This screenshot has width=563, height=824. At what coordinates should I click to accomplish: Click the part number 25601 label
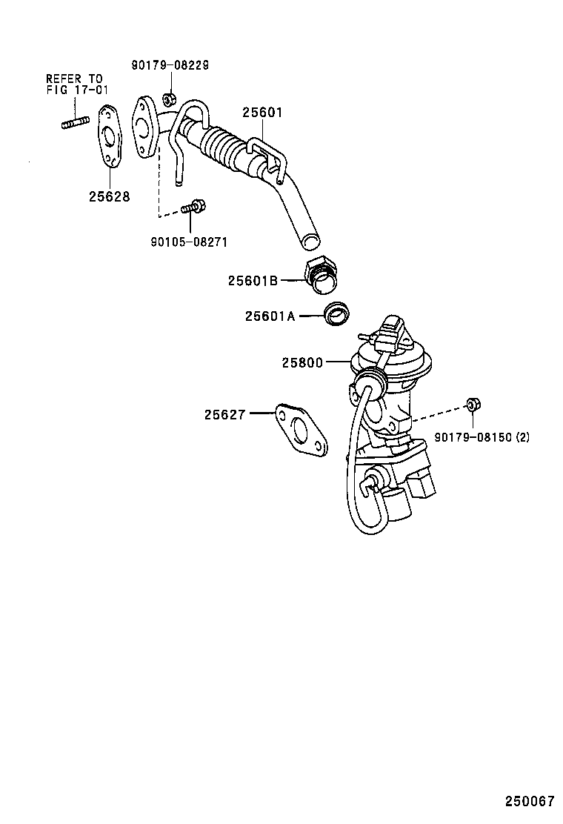(x=262, y=113)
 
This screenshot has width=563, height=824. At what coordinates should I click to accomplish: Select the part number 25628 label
(x=109, y=196)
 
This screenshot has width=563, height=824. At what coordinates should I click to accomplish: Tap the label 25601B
(x=253, y=281)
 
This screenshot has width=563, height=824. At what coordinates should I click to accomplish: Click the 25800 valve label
(x=302, y=362)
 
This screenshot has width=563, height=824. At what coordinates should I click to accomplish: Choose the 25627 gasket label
(x=224, y=415)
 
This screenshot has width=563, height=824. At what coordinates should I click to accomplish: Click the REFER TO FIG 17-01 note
(x=75, y=84)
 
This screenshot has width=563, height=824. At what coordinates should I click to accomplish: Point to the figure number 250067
(x=530, y=802)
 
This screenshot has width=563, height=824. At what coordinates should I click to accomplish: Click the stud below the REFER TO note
(x=75, y=119)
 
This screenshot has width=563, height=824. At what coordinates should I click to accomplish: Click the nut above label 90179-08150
(x=471, y=405)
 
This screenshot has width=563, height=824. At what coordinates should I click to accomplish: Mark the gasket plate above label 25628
(x=110, y=139)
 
